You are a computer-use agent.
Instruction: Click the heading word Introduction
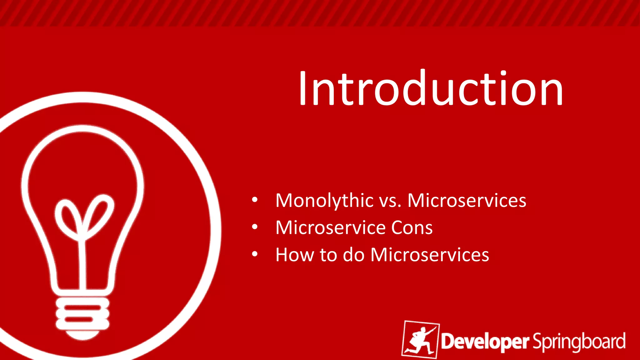[431, 88]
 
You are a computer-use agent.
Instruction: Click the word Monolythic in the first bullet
[324, 201]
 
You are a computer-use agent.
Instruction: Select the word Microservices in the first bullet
[467, 201]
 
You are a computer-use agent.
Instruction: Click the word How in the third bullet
[295, 255]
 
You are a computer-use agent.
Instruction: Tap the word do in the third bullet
[354, 255]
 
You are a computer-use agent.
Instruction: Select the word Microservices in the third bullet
[430, 255]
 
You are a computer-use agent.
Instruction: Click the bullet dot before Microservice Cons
[255, 227]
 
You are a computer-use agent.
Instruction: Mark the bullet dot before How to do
[255, 254]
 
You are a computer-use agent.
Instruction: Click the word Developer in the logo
[485, 342]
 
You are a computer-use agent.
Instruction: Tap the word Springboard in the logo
[579, 342]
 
